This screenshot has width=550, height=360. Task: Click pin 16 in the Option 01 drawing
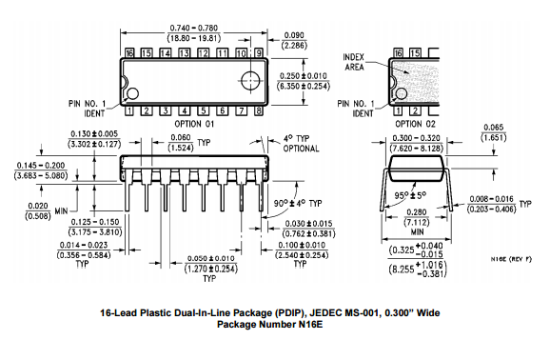(129, 53)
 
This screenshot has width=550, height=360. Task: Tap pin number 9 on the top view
(259, 53)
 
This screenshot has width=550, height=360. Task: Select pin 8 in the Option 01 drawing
(259, 111)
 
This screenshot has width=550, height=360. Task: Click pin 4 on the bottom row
(185, 111)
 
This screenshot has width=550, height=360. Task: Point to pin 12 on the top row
(203, 53)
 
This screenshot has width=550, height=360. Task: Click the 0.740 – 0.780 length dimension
(193, 33)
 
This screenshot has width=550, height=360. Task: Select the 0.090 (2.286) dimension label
(294, 40)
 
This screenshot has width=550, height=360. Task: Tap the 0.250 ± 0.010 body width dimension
(304, 81)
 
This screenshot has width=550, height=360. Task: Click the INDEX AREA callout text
(354, 62)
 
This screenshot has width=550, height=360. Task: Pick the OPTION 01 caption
(194, 124)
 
